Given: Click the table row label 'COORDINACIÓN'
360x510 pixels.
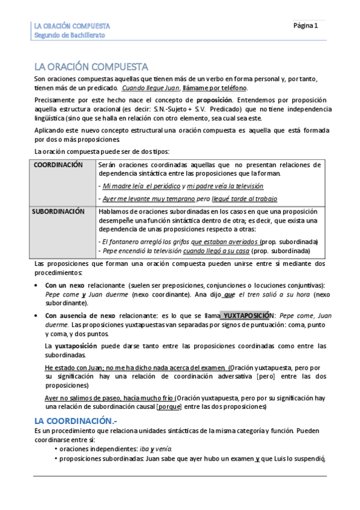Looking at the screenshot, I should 58,164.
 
